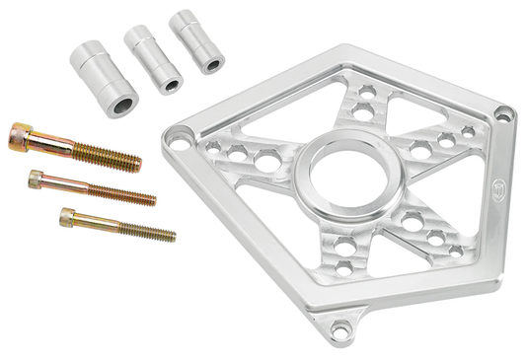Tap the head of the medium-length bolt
pos(38,179)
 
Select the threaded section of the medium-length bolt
pos(128,194)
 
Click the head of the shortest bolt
pos(67,214)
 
